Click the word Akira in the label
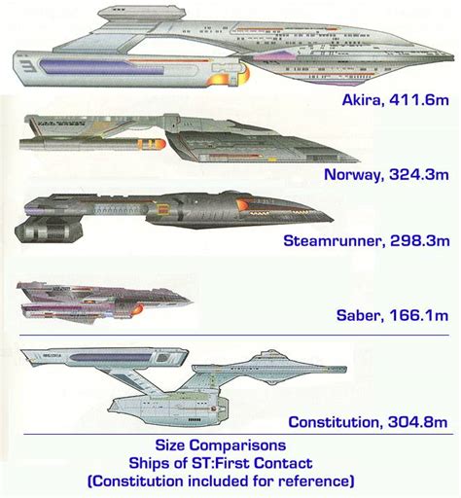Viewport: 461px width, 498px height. click(x=361, y=100)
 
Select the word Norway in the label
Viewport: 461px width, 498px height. click(x=352, y=174)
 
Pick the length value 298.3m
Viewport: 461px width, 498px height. click(x=420, y=241)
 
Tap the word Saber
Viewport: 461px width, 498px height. click(x=358, y=315)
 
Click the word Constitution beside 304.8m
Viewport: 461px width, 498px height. click(x=332, y=422)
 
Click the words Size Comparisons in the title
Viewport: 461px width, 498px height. click(x=221, y=445)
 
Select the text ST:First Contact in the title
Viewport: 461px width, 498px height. click(x=252, y=463)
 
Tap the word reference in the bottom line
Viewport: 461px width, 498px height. click(x=314, y=480)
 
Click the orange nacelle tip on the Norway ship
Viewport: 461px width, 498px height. click(x=160, y=144)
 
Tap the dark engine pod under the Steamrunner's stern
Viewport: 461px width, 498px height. click(x=48, y=231)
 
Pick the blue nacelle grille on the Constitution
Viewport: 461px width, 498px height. click(x=110, y=358)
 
